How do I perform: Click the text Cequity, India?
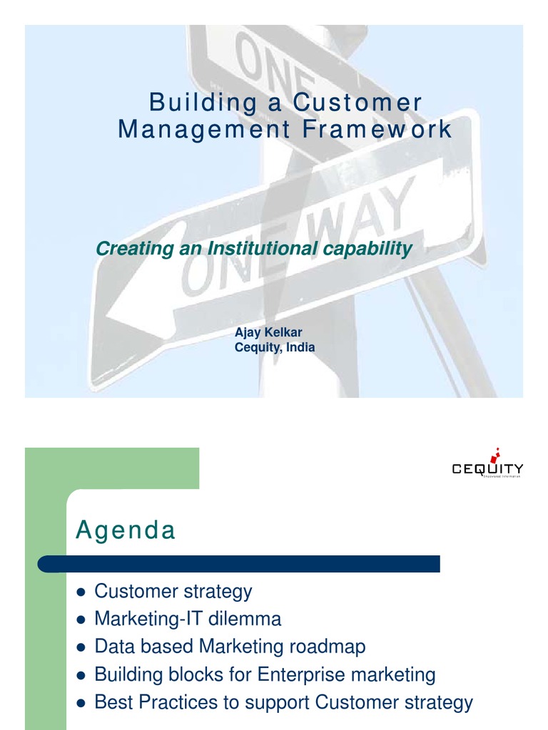(x=275, y=347)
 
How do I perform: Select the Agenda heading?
(x=126, y=531)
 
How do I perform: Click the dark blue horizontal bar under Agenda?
(x=239, y=565)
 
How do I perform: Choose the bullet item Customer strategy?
(x=173, y=591)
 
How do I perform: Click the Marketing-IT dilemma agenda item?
(x=188, y=619)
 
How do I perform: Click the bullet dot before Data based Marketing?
(x=81, y=647)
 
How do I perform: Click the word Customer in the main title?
(x=357, y=103)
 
